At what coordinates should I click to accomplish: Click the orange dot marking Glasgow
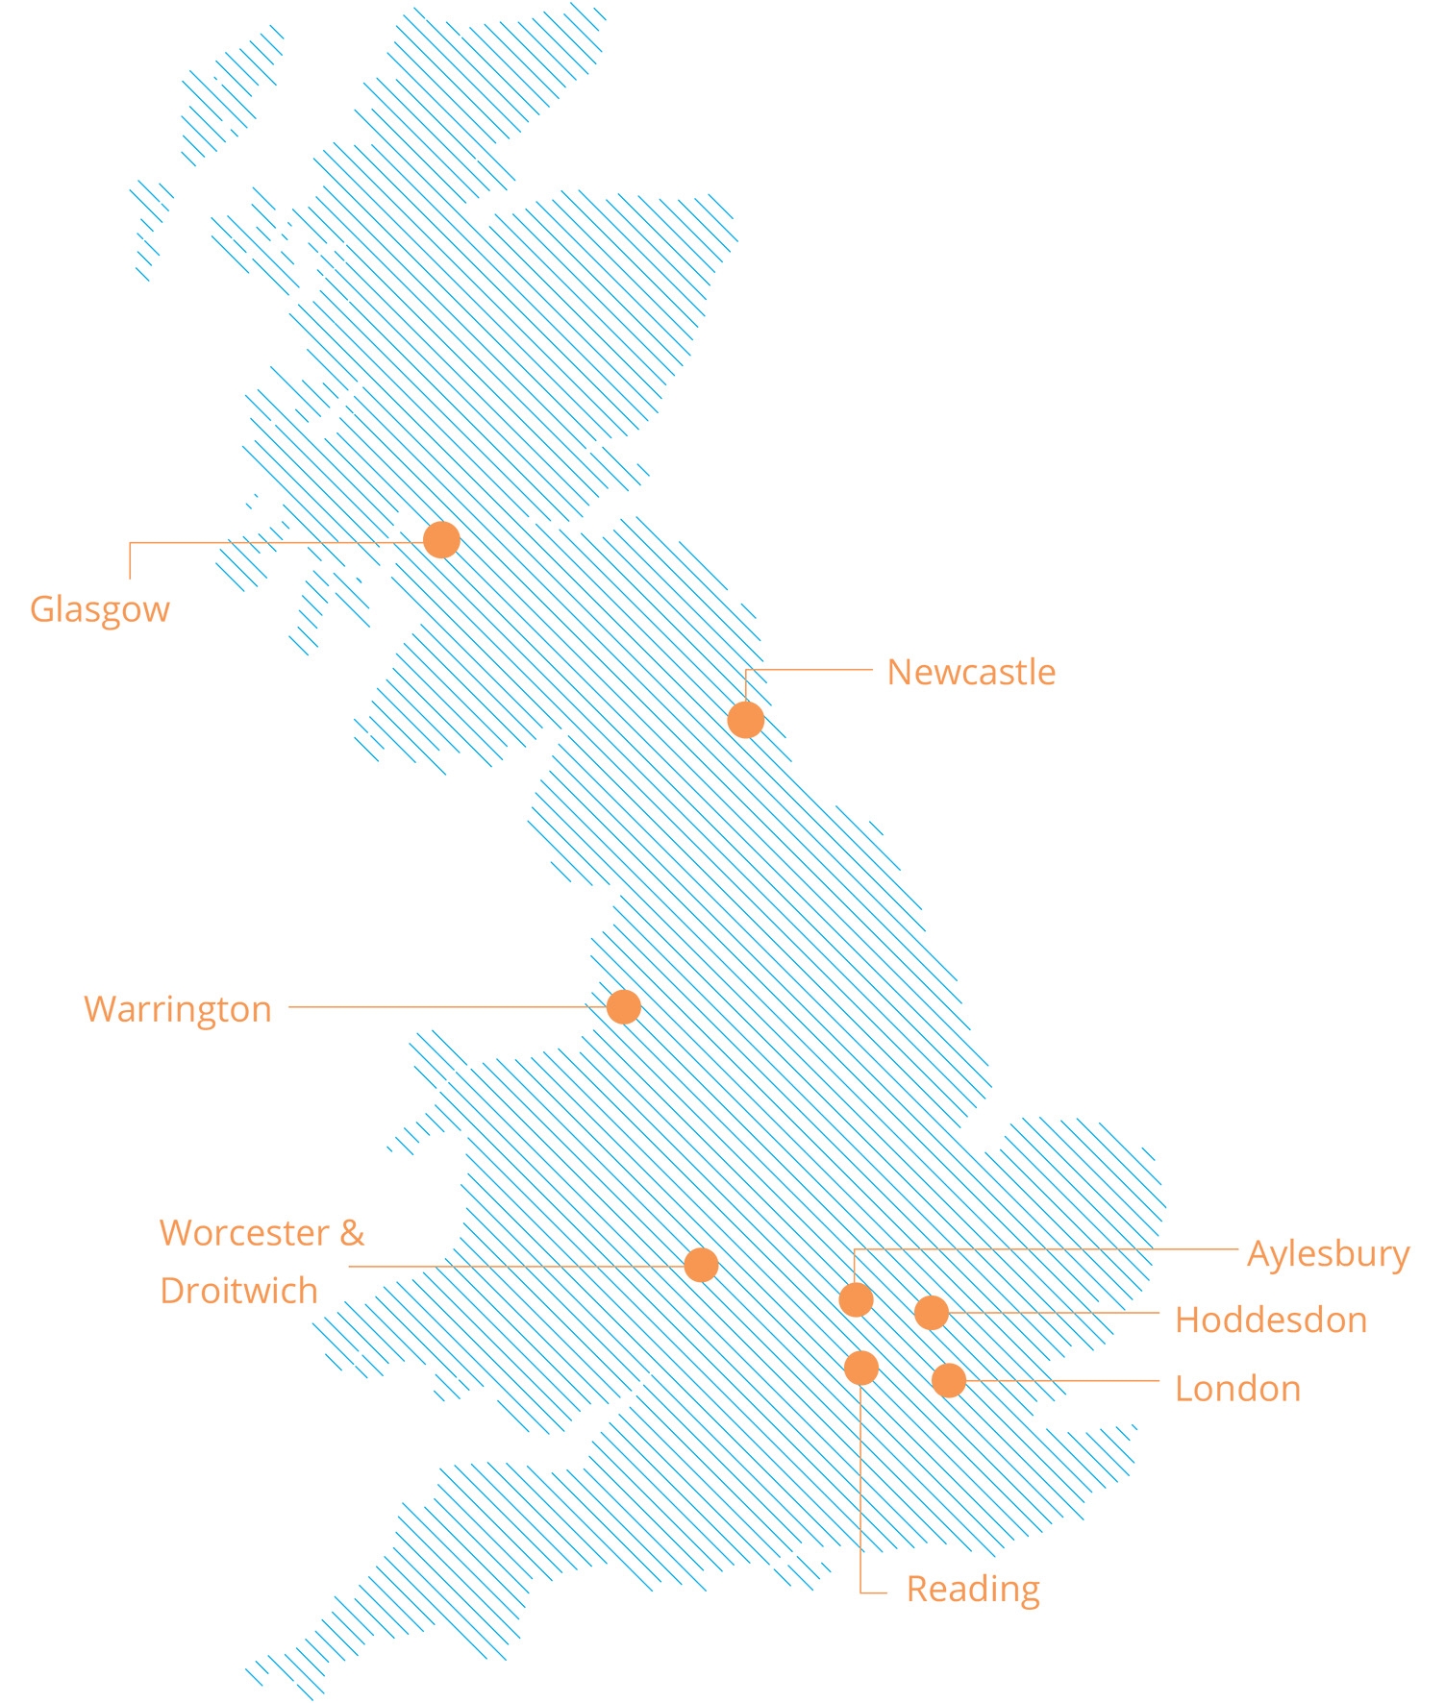[441, 540]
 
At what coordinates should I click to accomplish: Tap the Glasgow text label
[100, 610]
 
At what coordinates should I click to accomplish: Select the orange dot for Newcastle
[746, 719]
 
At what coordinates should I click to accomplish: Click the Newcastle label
[971, 673]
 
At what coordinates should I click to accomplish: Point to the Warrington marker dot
[624, 1007]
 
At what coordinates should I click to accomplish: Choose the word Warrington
[178, 1010]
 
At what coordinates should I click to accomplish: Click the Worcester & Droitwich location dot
[702, 1265]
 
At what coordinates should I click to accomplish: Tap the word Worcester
[244, 1233]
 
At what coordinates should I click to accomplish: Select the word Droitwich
[238, 1291]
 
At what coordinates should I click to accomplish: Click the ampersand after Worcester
[352, 1233]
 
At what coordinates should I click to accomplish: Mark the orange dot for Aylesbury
[856, 1299]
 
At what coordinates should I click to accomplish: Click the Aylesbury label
[1328, 1254]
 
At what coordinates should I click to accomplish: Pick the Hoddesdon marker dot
[932, 1312]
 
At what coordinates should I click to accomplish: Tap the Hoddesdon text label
[1271, 1320]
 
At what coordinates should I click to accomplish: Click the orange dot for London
[949, 1380]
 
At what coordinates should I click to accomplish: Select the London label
[1237, 1390]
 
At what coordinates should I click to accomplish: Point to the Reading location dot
[861, 1367]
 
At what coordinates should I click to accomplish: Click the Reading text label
[973, 1590]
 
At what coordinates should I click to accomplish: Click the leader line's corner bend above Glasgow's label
[131, 543]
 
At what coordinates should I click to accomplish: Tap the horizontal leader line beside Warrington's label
[442, 1007]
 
